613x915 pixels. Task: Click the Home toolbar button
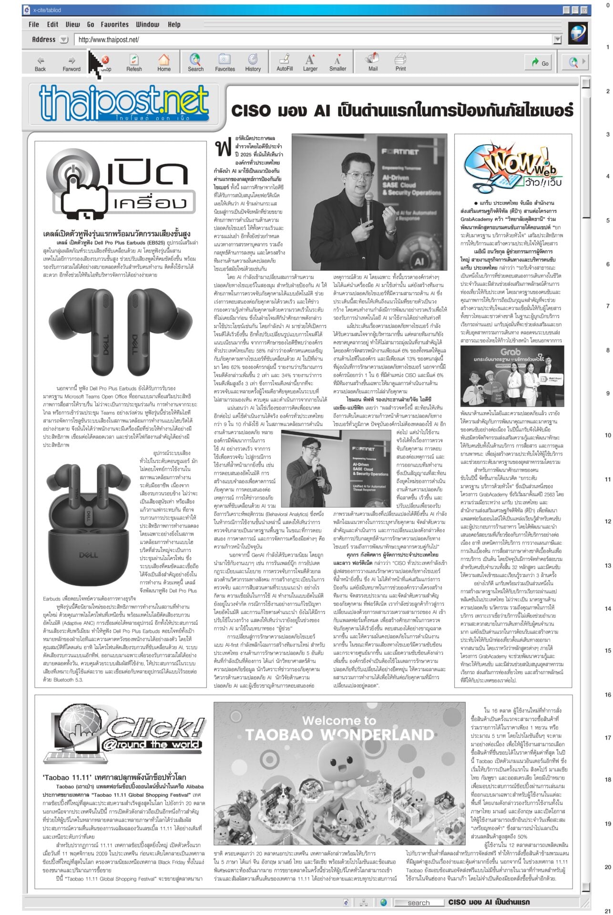(163, 62)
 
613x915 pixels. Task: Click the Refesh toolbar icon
(134, 62)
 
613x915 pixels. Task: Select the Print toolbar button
(400, 62)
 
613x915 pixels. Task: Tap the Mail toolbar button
(372, 62)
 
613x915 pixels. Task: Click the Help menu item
(174, 24)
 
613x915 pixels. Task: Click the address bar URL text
(109, 40)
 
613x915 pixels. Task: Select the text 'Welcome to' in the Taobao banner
(339, 721)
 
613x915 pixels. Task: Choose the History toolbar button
(253, 62)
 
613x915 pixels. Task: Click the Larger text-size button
(310, 62)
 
